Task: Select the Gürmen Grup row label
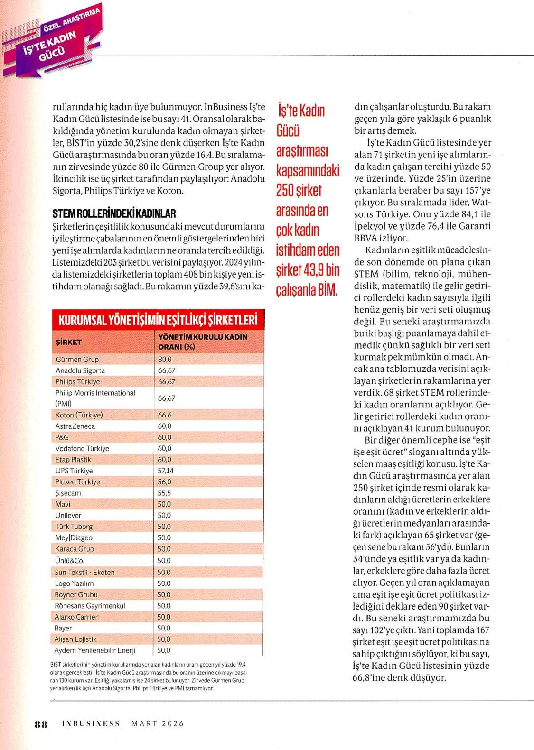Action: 77,360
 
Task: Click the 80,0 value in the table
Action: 165,360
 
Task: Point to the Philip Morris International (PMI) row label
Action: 95,398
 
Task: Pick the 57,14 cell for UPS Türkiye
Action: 166,471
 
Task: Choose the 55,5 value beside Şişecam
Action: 164,493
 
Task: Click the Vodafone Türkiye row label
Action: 82,448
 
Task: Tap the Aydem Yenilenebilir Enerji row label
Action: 95,650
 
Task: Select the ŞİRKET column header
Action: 69,342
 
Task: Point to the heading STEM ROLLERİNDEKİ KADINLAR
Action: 114,214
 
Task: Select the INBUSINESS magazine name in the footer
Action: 91,723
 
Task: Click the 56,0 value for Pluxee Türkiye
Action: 164,482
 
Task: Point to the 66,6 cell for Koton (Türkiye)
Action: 164,415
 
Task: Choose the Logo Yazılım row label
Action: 75,583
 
